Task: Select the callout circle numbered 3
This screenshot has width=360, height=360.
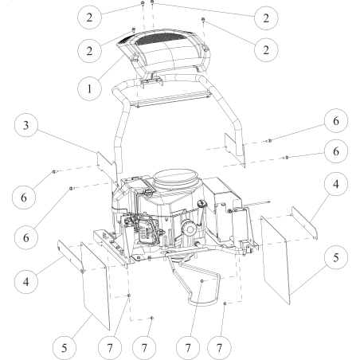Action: tap(28, 128)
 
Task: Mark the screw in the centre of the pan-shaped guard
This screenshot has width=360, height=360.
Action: tap(202, 281)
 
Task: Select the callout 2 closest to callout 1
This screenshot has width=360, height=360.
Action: tap(96, 49)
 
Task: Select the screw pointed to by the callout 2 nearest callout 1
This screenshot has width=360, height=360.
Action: tap(133, 29)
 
